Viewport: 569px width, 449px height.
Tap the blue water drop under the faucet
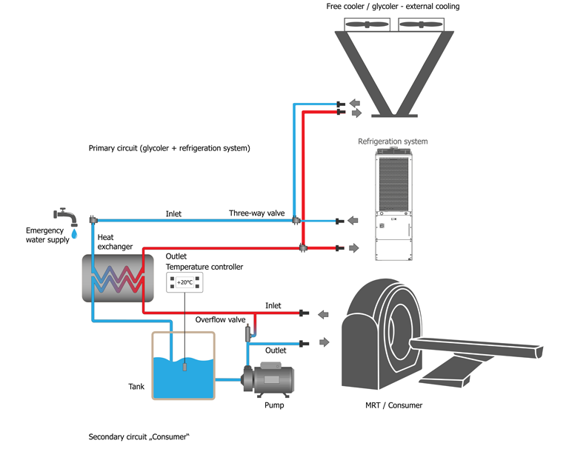(x=73, y=235)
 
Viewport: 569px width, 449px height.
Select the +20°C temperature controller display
(x=184, y=282)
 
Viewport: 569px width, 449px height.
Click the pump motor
(x=273, y=378)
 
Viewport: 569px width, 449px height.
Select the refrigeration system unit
(x=393, y=204)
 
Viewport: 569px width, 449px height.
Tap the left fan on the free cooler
(x=365, y=24)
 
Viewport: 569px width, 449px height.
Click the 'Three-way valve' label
(x=256, y=213)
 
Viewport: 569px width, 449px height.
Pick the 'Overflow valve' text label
(x=220, y=320)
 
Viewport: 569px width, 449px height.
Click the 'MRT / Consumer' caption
(x=393, y=405)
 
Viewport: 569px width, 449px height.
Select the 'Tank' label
(x=136, y=387)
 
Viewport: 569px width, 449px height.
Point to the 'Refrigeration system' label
(x=393, y=142)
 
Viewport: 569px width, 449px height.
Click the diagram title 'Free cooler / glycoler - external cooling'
(x=393, y=7)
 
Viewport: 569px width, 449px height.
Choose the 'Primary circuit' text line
(x=169, y=148)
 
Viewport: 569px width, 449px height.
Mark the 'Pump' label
(x=274, y=405)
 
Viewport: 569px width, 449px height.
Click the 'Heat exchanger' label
(x=115, y=242)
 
